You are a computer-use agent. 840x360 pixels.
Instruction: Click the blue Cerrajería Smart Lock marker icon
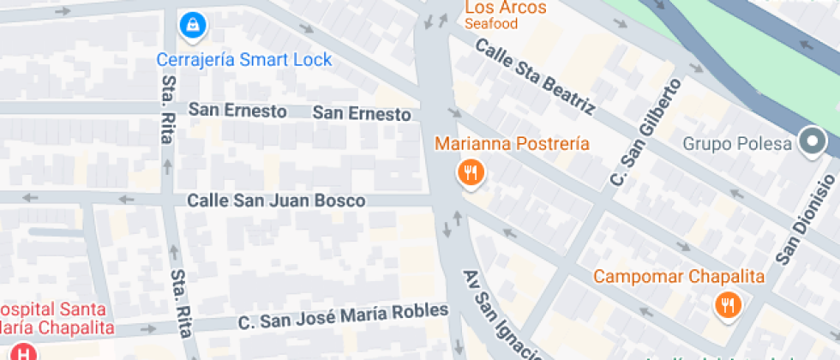coord(191,26)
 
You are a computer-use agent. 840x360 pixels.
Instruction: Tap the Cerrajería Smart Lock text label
coord(244,60)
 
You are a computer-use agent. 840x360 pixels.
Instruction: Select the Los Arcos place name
coord(506,8)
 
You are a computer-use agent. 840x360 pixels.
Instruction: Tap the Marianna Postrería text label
coord(512,143)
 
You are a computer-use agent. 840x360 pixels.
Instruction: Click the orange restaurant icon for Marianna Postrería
coord(471,173)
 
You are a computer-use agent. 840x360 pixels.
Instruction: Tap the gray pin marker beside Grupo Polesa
coord(811,141)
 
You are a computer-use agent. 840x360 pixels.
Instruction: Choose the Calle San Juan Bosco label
coord(276,201)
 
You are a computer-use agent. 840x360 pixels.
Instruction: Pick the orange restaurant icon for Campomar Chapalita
coord(728,304)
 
